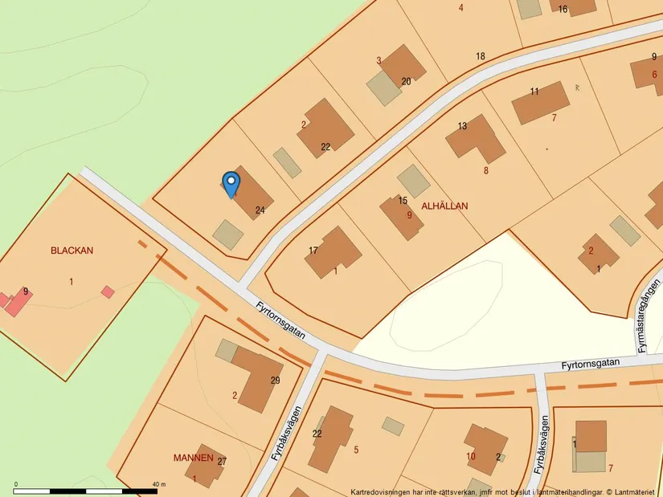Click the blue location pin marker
pyautogui.click(x=231, y=184)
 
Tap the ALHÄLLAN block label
pyautogui.click(x=444, y=206)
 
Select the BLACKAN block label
pyautogui.click(x=72, y=251)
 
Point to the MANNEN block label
pyautogui.click(x=194, y=458)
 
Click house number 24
pyautogui.click(x=260, y=210)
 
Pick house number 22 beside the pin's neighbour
pyautogui.click(x=325, y=146)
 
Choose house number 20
pyautogui.click(x=406, y=81)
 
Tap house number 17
pyautogui.click(x=313, y=251)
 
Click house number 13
pyautogui.click(x=462, y=126)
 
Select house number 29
pyautogui.click(x=276, y=380)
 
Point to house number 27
pyautogui.click(x=223, y=462)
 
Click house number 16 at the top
pyautogui.click(x=563, y=10)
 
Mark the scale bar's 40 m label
pyautogui.click(x=158, y=485)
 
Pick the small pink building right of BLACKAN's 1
pyautogui.click(x=108, y=291)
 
